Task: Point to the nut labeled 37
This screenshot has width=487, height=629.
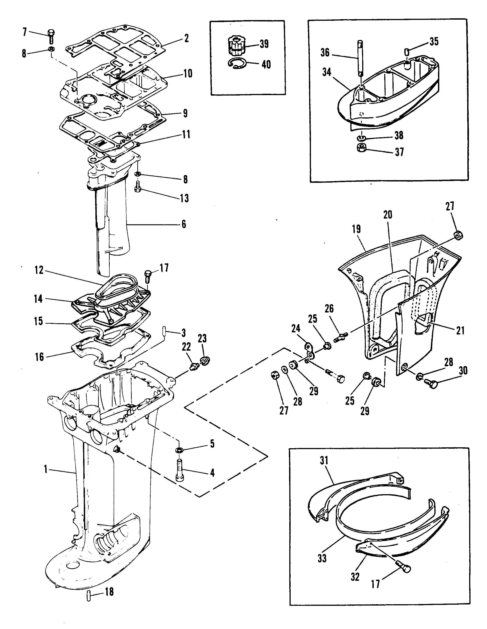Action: [360, 149]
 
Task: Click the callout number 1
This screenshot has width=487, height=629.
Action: [45, 470]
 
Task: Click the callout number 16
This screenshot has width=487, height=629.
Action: [39, 357]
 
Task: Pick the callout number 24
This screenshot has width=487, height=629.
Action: [296, 328]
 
